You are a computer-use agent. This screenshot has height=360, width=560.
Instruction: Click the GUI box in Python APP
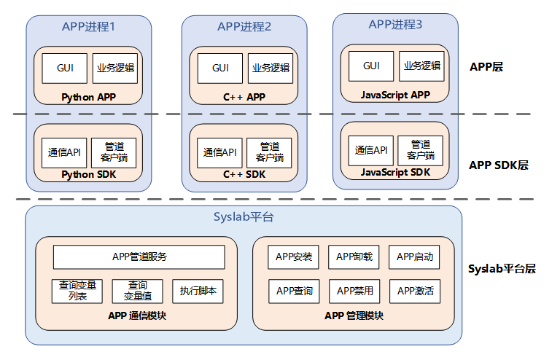[x=65, y=68]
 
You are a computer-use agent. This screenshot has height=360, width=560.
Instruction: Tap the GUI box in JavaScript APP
[x=371, y=66]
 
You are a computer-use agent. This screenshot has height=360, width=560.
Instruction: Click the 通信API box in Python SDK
[x=63, y=152]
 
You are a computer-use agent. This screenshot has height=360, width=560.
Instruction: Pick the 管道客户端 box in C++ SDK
[x=269, y=152]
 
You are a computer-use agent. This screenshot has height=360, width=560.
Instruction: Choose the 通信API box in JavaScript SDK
[x=371, y=150]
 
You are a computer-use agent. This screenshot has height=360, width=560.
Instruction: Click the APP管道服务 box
[x=139, y=257]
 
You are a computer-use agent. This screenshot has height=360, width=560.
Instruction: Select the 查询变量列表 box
[x=77, y=291]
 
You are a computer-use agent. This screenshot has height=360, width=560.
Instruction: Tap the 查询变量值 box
[x=137, y=291]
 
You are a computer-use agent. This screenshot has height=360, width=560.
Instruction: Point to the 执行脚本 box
[x=198, y=291]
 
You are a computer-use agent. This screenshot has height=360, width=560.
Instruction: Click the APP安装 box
[x=295, y=257]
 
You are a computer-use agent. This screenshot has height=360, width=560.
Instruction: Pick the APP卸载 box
[x=355, y=257]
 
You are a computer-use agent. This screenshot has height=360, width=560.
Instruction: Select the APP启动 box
[x=415, y=257]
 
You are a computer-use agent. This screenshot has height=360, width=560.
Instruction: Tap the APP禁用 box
[x=355, y=291]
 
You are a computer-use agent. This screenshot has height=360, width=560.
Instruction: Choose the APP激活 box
[x=415, y=291]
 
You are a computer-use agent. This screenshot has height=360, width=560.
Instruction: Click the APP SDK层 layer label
[x=498, y=165]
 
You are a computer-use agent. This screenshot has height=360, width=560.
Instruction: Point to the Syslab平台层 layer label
[x=502, y=268]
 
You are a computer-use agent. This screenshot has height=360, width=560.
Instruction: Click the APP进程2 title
[x=244, y=27]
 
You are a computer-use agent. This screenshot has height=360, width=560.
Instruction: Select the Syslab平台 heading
[x=244, y=218]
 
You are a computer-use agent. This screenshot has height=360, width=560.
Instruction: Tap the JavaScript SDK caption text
[x=395, y=173]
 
